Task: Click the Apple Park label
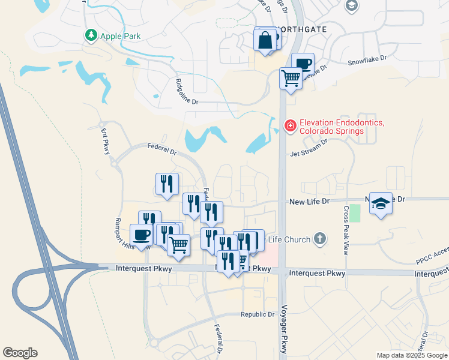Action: pyautogui.click(x=120, y=36)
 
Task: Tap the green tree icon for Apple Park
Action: pyautogui.click(x=91, y=36)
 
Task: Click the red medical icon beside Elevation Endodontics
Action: pyautogui.click(x=290, y=125)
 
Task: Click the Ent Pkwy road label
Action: pyautogui.click(x=105, y=142)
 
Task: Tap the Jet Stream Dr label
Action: pyautogui.click(x=309, y=149)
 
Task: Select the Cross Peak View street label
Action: pyautogui.click(x=346, y=231)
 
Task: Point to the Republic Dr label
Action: pyautogui.click(x=258, y=314)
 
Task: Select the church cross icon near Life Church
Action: pyautogui.click(x=320, y=239)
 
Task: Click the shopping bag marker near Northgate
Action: pyautogui.click(x=265, y=41)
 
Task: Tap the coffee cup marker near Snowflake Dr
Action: pyautogui.click(x=303, y=63)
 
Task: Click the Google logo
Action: pyautogui.click(x=20, y=353)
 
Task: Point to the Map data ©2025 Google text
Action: pyautogui.click(x=411, y=355)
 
